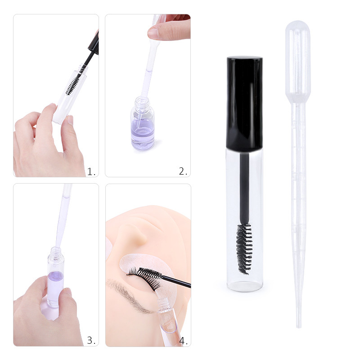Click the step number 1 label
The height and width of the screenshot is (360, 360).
91,171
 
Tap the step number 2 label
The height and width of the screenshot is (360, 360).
183,171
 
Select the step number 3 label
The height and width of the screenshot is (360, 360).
91,341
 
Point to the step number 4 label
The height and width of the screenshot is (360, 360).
183,341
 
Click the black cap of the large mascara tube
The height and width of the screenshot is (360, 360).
244,103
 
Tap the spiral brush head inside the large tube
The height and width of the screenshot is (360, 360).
244,247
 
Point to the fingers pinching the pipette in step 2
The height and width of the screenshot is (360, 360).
169,31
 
